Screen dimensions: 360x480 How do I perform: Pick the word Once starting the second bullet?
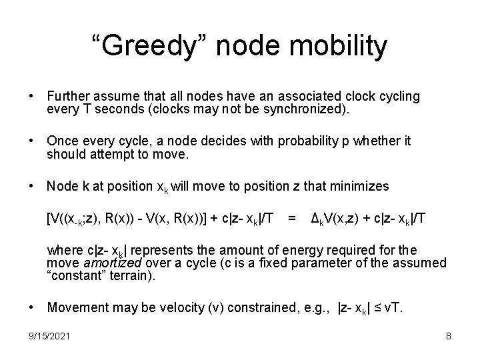pyautogui.click(x=62, y=141)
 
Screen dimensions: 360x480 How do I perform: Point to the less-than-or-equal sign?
pyautogui.click(x=378, y=309)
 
